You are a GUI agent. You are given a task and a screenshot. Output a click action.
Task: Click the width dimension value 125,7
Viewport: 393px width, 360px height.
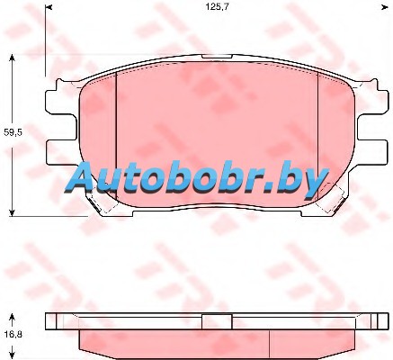217,7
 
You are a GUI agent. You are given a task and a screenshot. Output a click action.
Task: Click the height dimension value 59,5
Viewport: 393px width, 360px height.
13,132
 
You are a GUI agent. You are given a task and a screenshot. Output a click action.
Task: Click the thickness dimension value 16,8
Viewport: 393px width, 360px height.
13,334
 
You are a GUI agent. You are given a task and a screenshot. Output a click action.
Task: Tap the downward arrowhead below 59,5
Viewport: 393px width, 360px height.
12,212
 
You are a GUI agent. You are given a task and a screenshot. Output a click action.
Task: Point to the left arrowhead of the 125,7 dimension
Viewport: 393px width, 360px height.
49,7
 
